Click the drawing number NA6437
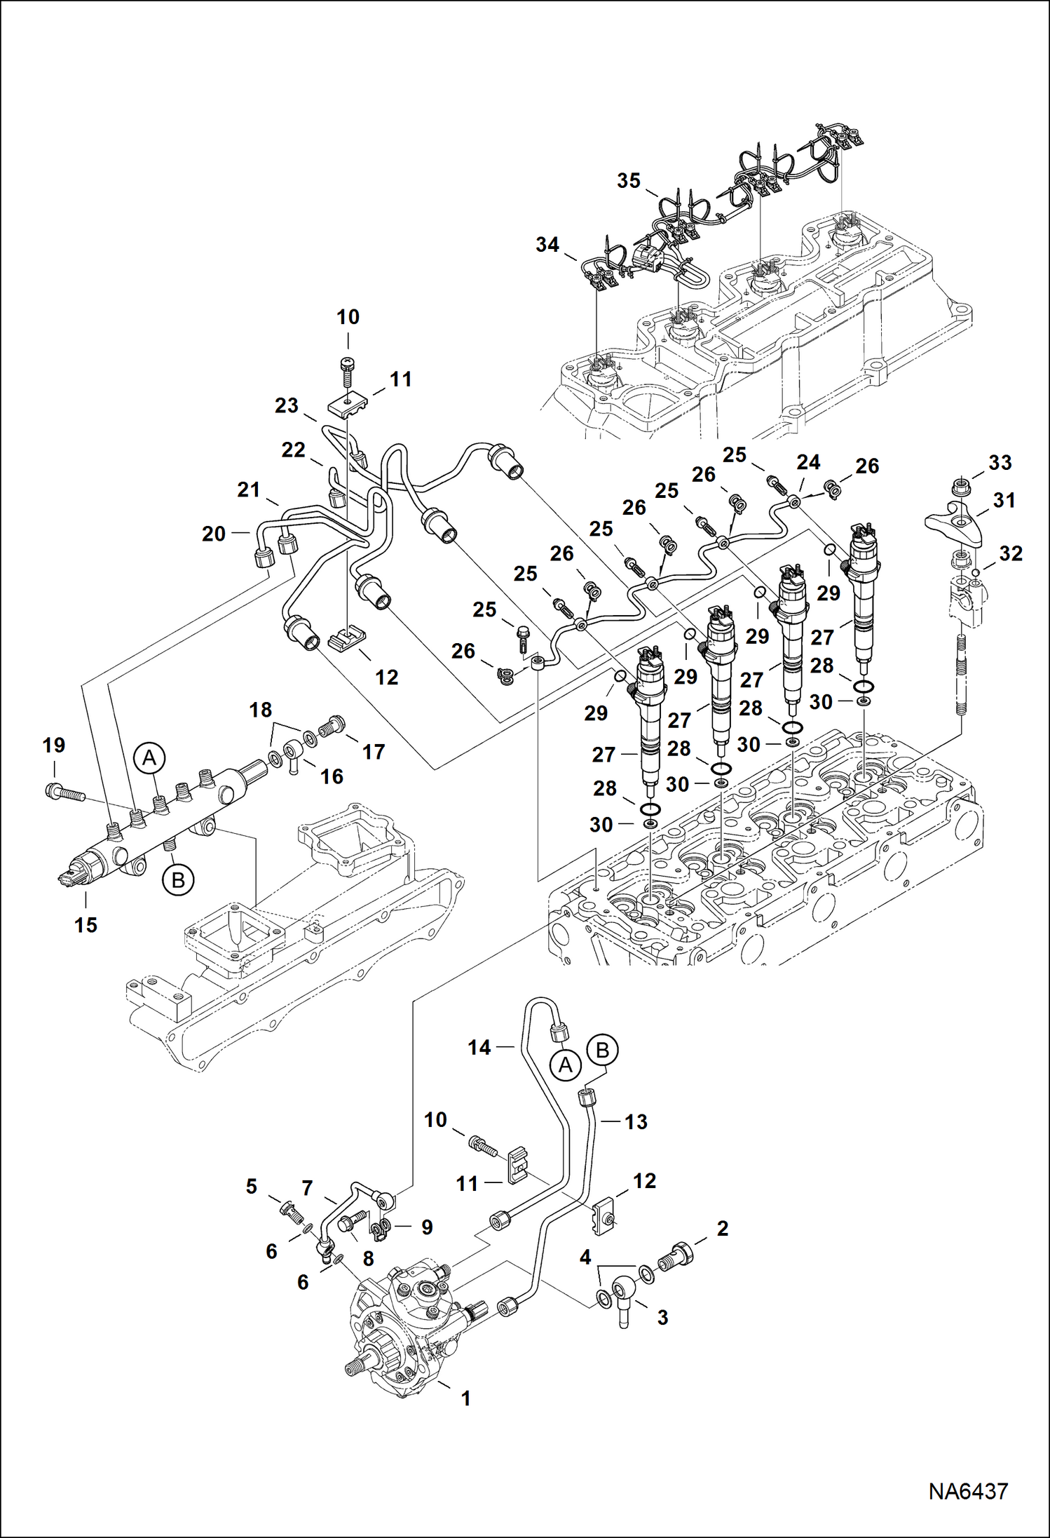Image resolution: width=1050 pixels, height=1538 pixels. click(x=968, y=1491)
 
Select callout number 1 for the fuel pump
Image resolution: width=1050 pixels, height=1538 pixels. click(x=465, y=1398)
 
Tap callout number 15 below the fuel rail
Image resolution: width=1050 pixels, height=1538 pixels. click(x=86, y=925)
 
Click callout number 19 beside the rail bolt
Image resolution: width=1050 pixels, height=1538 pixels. click(x=54, y=745)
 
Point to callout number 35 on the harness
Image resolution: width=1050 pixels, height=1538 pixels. click(x=629, y=181)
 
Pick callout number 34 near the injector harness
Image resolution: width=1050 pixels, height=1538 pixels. click(x=547, y=245)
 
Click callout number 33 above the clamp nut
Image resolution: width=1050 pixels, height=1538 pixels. click(x=1000, y=463)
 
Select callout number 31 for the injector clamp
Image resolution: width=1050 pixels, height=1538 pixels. click(x=1004, y=501)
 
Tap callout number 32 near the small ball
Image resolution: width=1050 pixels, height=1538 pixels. click(x=1010, y=554)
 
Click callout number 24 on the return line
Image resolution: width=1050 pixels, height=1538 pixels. click(x=808, y=463)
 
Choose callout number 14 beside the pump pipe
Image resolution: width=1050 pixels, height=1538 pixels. click(x=479, y=1048)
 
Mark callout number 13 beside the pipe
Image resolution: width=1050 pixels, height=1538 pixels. click(x=636, y=1122)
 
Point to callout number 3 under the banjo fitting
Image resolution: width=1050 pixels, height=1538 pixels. click(x=662, y=1317)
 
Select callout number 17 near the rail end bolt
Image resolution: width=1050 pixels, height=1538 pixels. click(x=374, y=752)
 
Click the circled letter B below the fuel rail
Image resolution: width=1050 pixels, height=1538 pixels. click(x=178, y=879)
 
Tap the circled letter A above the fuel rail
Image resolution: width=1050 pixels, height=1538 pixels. click(x=149, y=757)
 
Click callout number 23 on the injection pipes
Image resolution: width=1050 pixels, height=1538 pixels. click(x=286, y=405)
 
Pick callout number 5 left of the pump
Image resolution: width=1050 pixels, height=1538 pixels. click(x=251, y=1187)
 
